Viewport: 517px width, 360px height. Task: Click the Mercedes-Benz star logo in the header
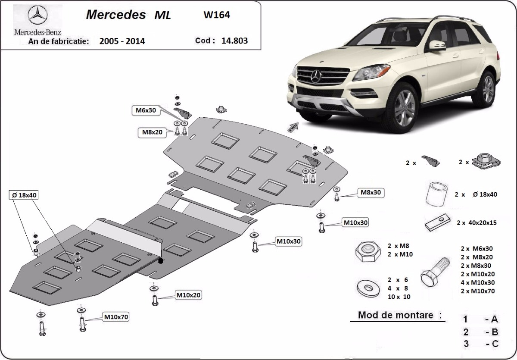coord(37,16)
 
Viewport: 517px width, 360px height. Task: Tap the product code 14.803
coord(234,41)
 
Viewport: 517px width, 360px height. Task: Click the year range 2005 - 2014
coord(122,41)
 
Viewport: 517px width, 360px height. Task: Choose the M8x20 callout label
coord(152,132)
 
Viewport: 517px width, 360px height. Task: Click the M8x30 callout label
coord(371,192)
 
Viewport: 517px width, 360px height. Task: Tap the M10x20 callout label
coord(188,295)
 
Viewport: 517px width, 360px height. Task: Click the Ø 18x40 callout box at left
coord(23,195)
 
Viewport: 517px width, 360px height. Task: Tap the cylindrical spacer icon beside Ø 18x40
coord(436,195)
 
